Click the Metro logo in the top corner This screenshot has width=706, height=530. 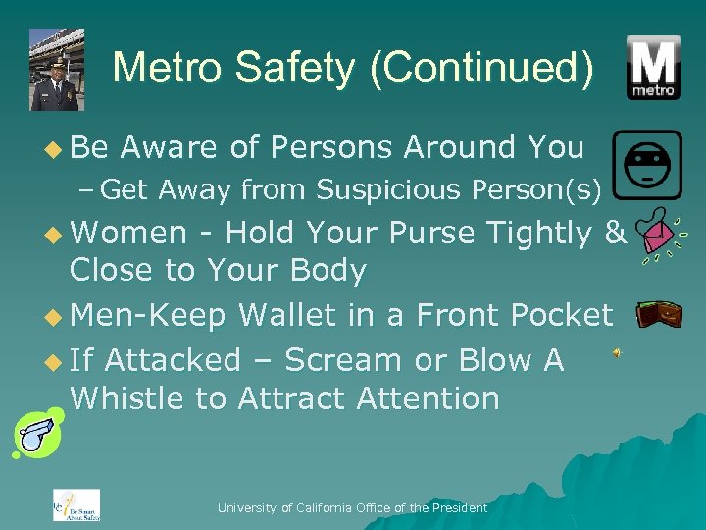click(x=654, y=68)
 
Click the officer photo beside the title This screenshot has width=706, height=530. click(x=57, y=70)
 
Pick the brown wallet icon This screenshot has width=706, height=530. click(x=659, y=314)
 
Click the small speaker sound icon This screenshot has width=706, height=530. click(x=617, y=353)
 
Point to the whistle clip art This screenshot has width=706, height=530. click(x=36, y=435)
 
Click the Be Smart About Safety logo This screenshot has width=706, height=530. click(x=76, y=503)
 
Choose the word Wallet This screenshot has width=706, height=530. click(x=288, y=314)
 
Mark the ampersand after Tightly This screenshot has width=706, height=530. click(x=616, y=233)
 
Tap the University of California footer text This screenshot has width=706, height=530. click(x=352, y=507)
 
